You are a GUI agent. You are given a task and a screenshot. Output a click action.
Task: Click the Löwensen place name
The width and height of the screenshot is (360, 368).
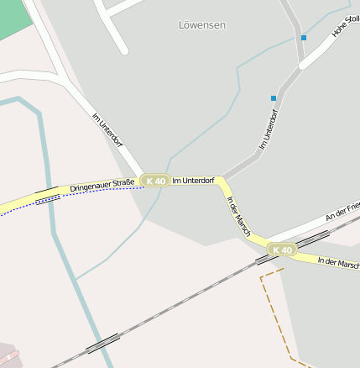tap(202, 25)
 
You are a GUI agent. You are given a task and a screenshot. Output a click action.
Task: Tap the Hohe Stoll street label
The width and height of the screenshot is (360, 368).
tap(346, 28)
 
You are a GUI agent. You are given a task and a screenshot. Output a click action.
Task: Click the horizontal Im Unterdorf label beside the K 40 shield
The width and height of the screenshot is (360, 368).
tap(193, 180)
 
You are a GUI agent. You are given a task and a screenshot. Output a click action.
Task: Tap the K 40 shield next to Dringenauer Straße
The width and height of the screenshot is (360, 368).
tap(155, 181)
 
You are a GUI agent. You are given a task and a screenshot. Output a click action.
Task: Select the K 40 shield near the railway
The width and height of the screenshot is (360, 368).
tap(282, 250)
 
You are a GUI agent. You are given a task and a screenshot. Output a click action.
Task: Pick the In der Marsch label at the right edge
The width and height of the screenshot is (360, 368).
tap(338, 262)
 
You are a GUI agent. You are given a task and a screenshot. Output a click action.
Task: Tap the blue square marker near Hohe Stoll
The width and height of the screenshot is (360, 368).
tap(304, 38)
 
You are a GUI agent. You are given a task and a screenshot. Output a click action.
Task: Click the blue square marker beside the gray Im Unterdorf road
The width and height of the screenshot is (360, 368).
tap(274, 98)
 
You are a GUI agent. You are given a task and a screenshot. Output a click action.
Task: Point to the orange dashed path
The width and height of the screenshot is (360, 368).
tap(270, 311)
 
